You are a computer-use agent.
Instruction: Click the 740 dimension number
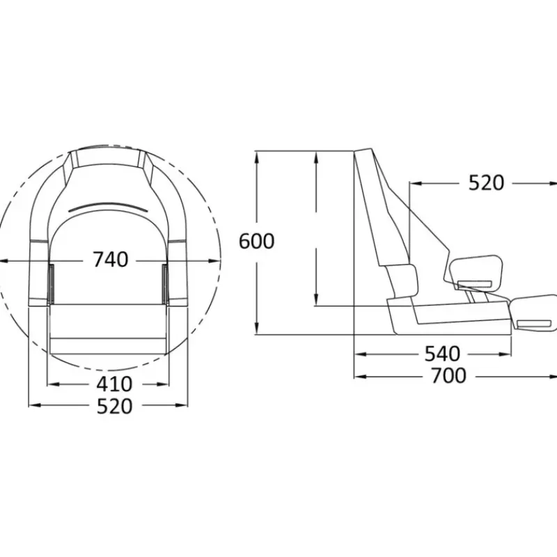tap(111, 259)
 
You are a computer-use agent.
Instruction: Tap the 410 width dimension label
tap(114, 384)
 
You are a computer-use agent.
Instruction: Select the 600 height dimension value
tap(256, 241)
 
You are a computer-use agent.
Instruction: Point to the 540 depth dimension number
tap(443, 354)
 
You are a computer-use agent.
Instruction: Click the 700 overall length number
tap(448, 376)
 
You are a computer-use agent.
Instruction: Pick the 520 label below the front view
tap(114, 407)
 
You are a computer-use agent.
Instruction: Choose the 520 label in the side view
tap(486, 183)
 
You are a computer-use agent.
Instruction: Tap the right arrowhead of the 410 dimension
tap(163, 384)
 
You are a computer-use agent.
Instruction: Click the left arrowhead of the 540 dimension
tap(360, 354)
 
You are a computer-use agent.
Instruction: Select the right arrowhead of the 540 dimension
tap(505, 354)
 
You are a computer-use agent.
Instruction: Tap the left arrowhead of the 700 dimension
tap(360, 377)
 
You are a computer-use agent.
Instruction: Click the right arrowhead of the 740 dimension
tap(214, 261)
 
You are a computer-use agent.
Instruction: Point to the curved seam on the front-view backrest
tap(107, 207)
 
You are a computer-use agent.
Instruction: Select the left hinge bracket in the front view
tap(51, 284)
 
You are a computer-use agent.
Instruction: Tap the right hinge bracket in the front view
tap(165, 284)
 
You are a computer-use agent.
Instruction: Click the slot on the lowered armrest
tap(534, 323)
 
